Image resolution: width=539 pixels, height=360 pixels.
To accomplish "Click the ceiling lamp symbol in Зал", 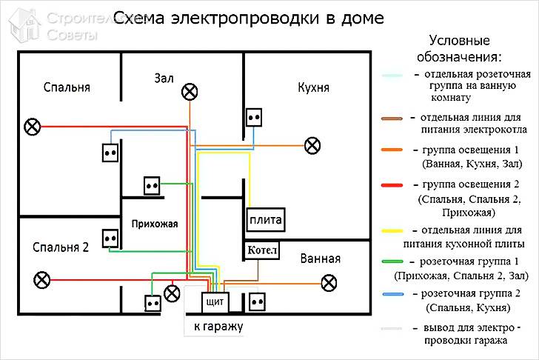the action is click(190, 92).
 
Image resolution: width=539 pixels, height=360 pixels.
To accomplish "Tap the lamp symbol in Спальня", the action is click(33, 127).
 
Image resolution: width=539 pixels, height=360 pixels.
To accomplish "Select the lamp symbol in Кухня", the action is click(312, 145).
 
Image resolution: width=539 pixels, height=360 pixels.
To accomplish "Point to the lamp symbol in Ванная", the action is click(329, 283).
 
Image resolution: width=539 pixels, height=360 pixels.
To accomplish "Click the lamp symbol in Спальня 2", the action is click(42, 279).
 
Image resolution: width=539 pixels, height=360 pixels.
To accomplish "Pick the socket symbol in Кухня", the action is click(254, 118).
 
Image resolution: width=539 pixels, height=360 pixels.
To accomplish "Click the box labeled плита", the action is click(266, 220).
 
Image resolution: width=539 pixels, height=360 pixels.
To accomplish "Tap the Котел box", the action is click(261, 250).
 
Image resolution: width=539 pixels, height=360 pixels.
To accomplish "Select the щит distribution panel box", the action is click(215, 302).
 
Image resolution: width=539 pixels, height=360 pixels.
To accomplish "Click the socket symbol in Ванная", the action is click(257, 302).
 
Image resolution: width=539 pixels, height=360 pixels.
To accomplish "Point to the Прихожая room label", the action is click(155, 224).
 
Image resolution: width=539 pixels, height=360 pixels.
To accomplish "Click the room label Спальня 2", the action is click(61, 247).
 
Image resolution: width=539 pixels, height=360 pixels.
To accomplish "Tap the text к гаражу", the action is click(218, 326).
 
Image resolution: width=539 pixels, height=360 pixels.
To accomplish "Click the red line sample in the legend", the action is click(392, 185).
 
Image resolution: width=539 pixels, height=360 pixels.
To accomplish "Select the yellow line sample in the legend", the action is click(392, 231).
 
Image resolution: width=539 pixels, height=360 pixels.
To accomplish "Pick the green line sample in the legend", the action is click(392, 261).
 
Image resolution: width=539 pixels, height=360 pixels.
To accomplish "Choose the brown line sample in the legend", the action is click(392, 119).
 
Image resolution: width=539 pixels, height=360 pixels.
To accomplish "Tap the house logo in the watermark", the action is click(24, 26).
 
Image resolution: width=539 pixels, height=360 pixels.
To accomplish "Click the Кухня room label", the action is click(313, 87).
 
